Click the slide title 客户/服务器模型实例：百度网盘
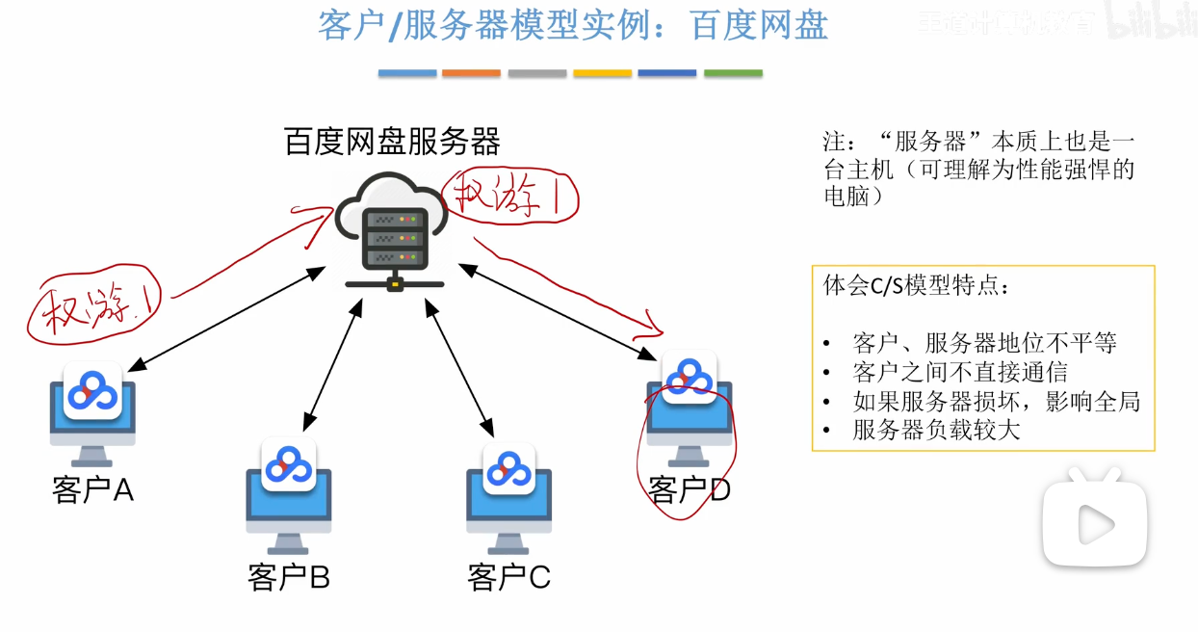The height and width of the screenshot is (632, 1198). (572, 25)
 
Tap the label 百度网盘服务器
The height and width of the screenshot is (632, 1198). (392, 143)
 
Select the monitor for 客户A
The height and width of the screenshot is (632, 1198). (92, 411)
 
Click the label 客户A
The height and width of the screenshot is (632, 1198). (92, 490)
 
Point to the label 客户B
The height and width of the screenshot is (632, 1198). (288, 577)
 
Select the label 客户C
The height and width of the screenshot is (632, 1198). (508, 577)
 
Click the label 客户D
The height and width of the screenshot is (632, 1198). (690, 490)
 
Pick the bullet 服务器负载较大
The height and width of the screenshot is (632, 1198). (936, 430)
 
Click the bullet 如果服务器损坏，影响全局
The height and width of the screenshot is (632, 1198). (996, 401)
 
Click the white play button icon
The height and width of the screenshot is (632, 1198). (1096, 523)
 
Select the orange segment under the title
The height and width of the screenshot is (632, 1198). (471, 73)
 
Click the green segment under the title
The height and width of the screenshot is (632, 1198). (733, 73)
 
